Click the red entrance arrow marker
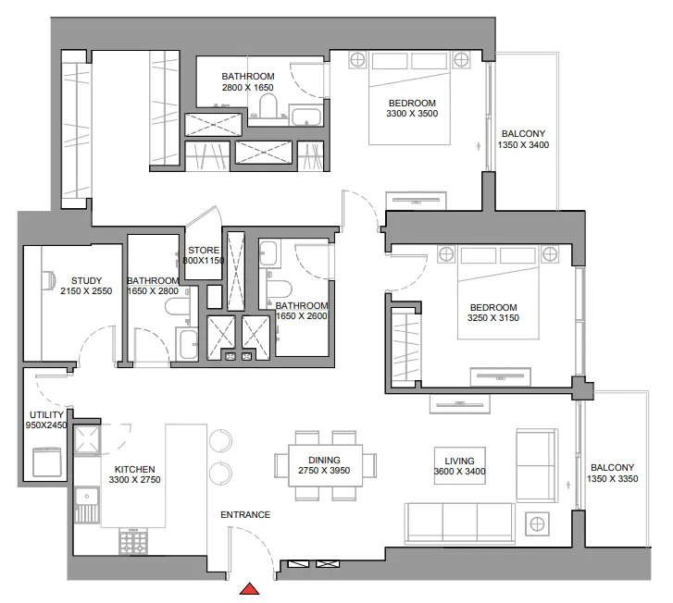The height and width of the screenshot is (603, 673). point(249,590)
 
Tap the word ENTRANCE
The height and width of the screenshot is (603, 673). point(244,515)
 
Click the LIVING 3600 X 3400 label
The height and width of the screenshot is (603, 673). point(459,466)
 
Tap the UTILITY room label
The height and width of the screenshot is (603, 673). point(46,419)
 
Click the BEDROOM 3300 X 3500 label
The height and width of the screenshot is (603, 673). point(412,107)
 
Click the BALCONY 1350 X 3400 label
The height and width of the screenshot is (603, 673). point(523,139)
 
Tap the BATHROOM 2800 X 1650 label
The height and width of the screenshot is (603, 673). point(247,81)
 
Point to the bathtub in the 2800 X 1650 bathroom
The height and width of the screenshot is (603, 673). point(305,117)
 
